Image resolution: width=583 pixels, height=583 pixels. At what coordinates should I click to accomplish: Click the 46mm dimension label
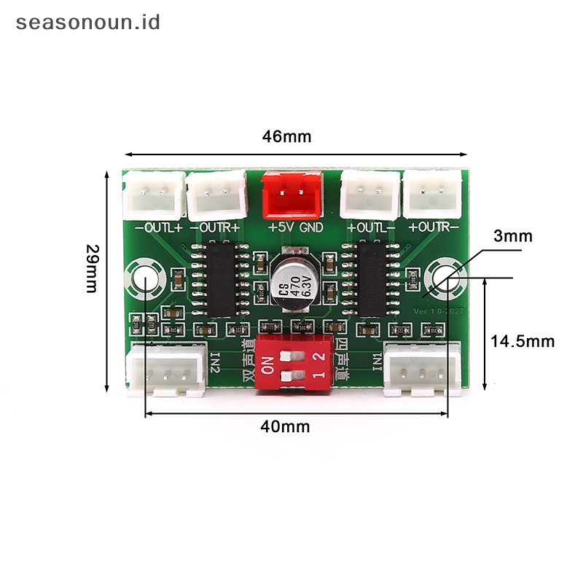[x=287, y=136]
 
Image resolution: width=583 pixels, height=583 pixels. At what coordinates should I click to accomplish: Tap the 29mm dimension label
[x=92, y=268]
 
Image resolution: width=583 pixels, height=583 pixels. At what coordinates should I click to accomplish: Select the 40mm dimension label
[x=285, y=427]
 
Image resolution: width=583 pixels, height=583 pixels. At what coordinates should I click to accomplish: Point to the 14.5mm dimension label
[x=522, y=341]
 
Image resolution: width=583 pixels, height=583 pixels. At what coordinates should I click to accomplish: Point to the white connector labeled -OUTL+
[x=154, y=195]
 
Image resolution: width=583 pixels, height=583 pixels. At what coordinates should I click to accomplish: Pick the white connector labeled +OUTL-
[x=371, y=194]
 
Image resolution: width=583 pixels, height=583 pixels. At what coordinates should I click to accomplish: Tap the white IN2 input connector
[x=165, y=369]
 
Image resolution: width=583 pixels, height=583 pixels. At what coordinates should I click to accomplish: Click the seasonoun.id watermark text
[x=87, y=22]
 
